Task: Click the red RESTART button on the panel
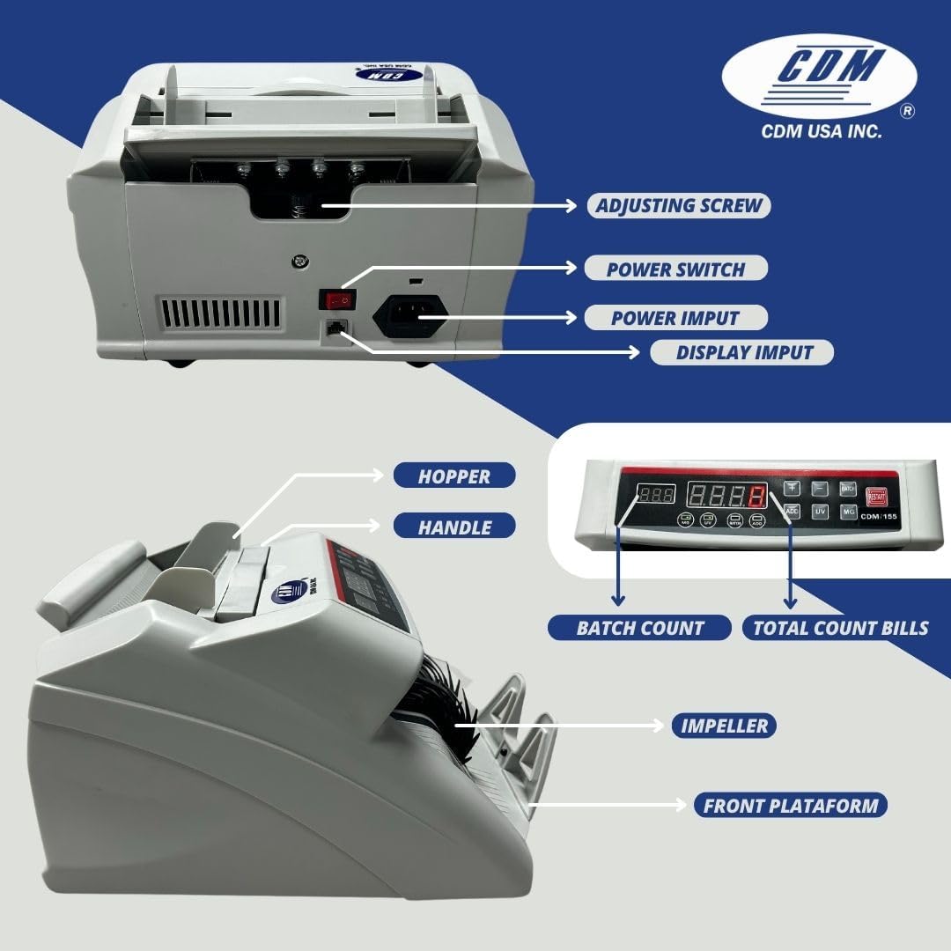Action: [x=875, y=496]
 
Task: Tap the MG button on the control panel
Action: [x=848, y=512]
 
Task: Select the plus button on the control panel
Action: [x=792, y=488]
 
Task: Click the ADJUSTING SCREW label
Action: [x=679, y=206]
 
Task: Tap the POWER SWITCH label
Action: [x=675, y=269]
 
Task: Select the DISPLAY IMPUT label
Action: [x=744, y=352]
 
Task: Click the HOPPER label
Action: [x=453, y=476]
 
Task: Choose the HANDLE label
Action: [x=453, y=527]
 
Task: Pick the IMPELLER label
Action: [x=724, y=726]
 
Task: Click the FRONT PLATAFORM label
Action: [x=790, y=805]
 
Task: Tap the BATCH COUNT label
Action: [x=639, y=628]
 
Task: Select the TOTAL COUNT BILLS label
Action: [x=840, y=628]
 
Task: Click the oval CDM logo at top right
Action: [x=819, y=77]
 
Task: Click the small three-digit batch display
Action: [x=657, y=494]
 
